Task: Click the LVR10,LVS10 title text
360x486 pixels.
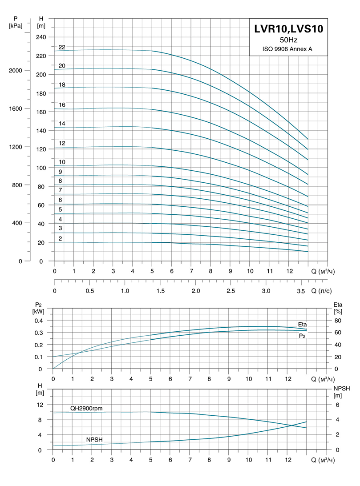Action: [288, 29]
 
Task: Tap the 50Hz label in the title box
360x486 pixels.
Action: [288, 40]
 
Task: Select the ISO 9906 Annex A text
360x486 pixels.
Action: [288, 49]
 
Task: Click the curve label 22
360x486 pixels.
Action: [62, 47]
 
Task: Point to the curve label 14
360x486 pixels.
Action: [62, 123]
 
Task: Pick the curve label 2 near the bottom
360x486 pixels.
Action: [60, 238]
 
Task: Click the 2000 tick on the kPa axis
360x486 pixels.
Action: [16, 71]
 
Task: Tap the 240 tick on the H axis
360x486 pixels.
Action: [41, 37]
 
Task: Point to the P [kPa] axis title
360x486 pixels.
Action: [16, 22]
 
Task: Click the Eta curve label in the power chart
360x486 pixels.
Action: [303, 324]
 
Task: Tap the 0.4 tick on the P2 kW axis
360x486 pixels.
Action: [39, 321]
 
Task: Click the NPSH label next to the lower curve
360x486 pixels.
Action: [94, 439]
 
